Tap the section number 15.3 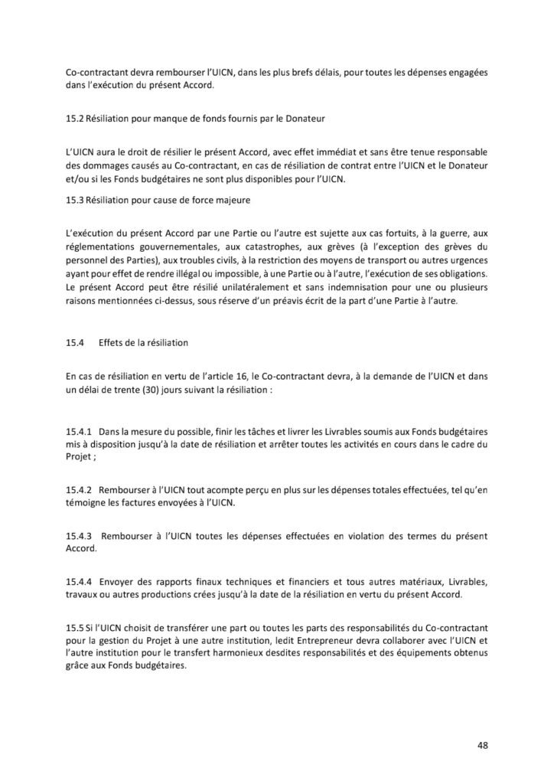[75, 200]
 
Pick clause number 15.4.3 [80, 537]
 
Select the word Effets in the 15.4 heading [113, 342]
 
